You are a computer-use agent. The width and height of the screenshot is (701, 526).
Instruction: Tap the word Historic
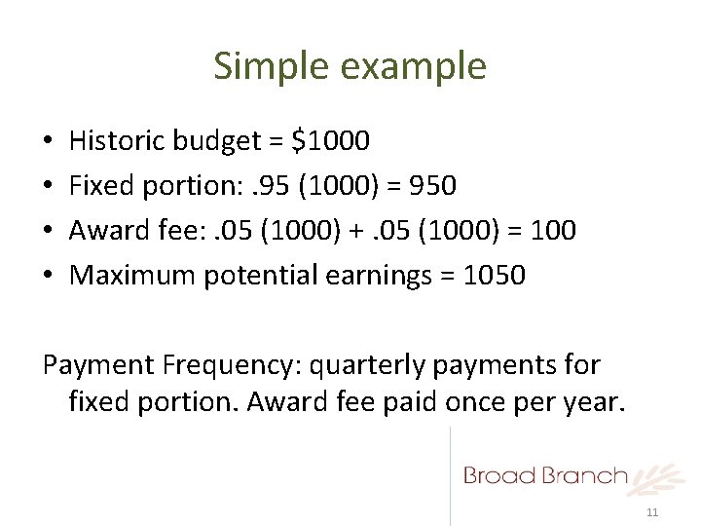117,142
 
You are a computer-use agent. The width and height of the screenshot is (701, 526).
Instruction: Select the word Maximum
133,276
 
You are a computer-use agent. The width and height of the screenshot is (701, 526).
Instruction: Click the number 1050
495,276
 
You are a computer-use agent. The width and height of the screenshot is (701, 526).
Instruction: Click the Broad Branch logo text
545,475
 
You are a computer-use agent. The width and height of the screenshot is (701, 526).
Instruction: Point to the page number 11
652,512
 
